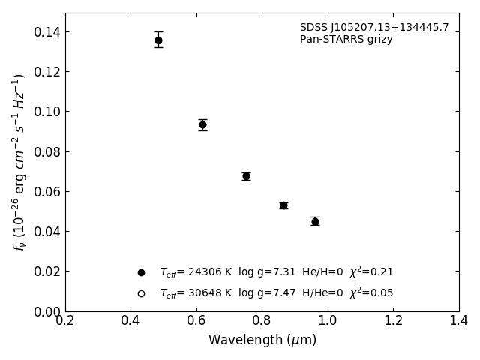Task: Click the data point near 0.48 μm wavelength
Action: click(x=158, y=40)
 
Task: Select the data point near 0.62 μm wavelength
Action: click(x=202, y=124)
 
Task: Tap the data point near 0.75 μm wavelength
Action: click(x=246, y=176)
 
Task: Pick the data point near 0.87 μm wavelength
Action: click(x=283, y=205)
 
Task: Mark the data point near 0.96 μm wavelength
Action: click(x=315, y=221)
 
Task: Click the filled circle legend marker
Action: click(x=141, y=272)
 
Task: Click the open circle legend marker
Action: click(x=141, y=293)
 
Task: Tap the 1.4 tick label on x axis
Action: click(x=459, y=321)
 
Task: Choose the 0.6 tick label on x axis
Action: click(x=196, y=321)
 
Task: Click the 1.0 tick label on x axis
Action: click(x=328, y=321)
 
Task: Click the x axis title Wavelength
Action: click(x=262, y=340)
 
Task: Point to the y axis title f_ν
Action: click(x=19, y=161)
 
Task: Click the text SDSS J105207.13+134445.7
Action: click(x=374, y=28)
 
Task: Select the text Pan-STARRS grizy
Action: click(x=346, y=40)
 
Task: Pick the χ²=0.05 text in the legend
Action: click(x=371, y=293)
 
